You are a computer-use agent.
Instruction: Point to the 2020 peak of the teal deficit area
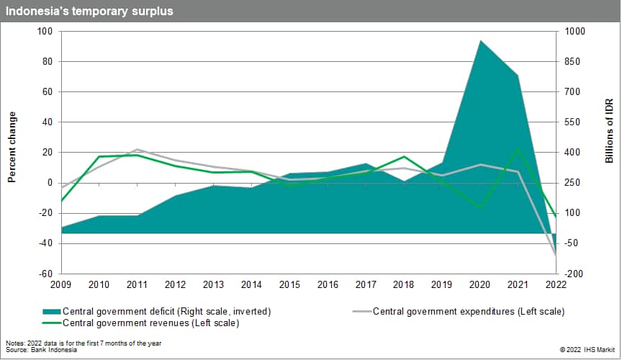point(480,41)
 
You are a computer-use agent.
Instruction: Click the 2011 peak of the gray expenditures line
point(138,150)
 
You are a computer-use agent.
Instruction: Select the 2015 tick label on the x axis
point(289,284)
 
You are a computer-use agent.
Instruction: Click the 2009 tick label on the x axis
point(61,284)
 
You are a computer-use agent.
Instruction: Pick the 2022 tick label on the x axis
point(556,284)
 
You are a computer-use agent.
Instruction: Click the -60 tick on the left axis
point(45,274)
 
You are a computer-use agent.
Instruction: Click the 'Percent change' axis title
point(12,147)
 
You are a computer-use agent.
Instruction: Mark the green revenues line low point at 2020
point(480,207)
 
